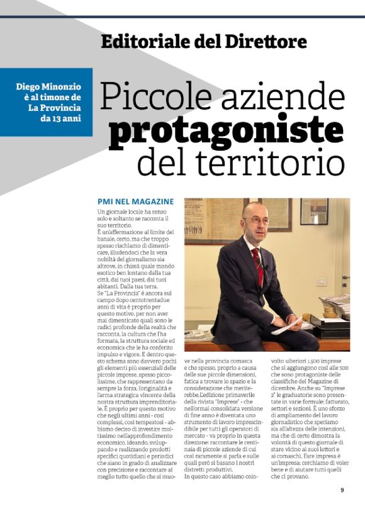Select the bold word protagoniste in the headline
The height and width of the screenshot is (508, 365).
[226, 129]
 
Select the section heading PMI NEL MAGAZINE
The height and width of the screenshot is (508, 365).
[135, 201]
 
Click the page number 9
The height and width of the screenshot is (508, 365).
[342, 489]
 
